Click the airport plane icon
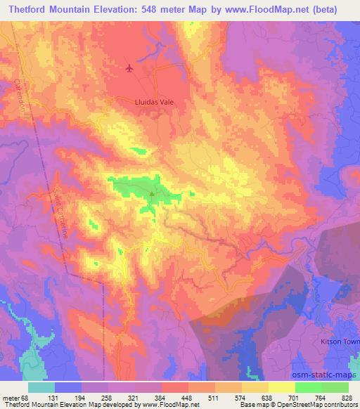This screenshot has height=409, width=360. coord(129,68)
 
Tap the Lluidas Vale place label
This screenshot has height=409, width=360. coord(154,101)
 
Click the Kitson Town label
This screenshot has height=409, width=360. coord(333,340)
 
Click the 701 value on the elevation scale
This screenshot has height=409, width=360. coord(295,397)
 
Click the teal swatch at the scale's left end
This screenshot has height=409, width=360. coord(41,387)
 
